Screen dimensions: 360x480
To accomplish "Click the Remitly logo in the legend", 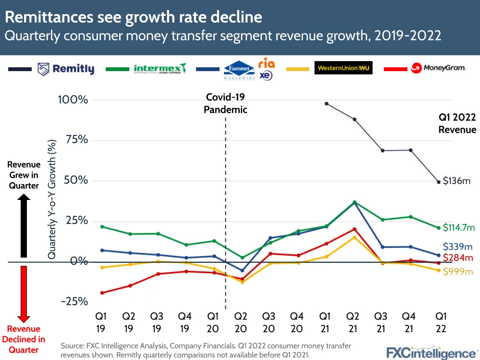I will coord(67,69).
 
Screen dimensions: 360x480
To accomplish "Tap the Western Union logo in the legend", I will coord(344,68).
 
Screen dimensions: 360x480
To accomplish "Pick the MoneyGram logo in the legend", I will coord(438,68).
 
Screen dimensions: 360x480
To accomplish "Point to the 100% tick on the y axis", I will coord(73,100).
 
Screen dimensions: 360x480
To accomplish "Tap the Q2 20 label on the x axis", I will coord(241,323).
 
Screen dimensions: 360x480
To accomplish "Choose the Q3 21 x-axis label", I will coord(381,323).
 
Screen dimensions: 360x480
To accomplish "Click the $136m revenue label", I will coord(456,181).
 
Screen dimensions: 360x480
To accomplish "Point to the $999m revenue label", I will coord(458,271).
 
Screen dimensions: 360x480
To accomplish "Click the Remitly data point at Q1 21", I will coord(327,103).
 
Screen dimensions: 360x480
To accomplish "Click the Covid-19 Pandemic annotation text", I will coord(225,103).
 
